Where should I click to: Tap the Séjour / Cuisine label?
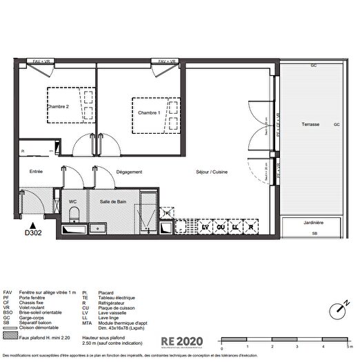[211, 172]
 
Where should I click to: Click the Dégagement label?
[129, 172]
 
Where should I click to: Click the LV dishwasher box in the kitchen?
[205, 227]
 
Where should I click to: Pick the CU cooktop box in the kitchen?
[221, 227]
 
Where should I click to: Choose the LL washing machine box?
[236, 227]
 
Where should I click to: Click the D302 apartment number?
[32, 234]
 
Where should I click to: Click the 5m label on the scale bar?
[350, 345]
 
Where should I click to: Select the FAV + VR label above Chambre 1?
[168, 61]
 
